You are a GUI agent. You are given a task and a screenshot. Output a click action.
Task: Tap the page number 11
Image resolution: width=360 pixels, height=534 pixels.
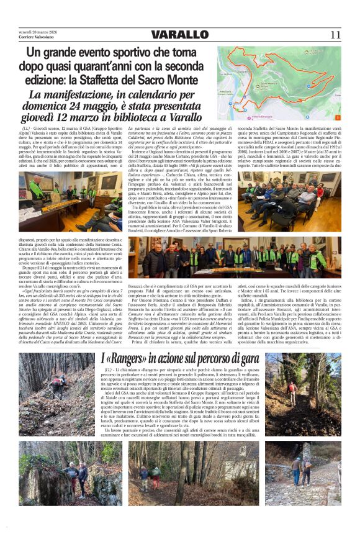(336, 35)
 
